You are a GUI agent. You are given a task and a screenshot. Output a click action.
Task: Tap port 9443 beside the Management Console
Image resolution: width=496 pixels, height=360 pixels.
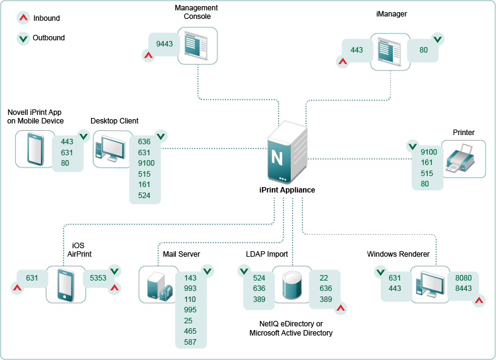(165, 44)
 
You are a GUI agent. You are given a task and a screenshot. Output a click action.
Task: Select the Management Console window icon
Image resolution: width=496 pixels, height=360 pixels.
(198, 45)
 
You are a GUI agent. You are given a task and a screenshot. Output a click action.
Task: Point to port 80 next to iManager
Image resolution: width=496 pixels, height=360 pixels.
(424, 50)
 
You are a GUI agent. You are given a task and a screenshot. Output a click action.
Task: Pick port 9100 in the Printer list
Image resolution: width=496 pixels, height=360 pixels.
(429, 152)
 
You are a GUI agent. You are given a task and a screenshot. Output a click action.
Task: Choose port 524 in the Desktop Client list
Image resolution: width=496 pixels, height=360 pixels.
(145, 195)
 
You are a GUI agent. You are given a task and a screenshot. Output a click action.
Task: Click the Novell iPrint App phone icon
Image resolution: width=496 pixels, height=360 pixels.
(35, 149)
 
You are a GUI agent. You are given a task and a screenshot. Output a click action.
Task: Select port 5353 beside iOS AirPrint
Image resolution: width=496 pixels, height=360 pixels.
(98, 278)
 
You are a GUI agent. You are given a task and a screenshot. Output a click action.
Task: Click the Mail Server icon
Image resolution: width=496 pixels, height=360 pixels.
(158, 284)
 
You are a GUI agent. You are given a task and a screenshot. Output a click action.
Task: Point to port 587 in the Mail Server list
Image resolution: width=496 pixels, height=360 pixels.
(191, 342)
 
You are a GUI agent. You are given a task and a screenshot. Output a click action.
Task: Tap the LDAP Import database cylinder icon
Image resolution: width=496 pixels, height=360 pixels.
(292, 284)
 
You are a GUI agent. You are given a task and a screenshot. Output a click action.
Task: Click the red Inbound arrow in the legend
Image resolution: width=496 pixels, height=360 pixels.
(23, 18)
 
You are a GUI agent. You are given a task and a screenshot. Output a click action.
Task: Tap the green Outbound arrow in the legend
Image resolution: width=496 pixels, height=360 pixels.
(23, 38)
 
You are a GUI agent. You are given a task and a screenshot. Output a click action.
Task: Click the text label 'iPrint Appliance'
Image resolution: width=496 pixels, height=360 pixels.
(287, 189)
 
